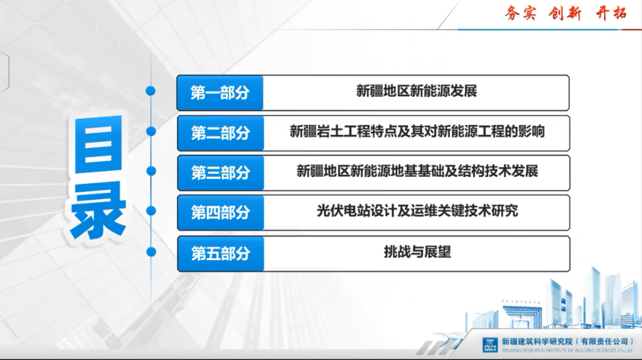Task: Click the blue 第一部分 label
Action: [220, 93]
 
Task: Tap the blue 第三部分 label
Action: [220, 173]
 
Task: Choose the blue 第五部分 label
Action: [220, 254]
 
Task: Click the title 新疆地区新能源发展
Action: [417, 91]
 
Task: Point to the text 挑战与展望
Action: [417, 252]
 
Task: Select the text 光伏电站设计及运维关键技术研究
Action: [417, 211]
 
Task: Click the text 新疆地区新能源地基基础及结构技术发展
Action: [417, 171]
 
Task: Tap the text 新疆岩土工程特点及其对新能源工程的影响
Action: [417, 131]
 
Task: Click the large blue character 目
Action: [98, 146]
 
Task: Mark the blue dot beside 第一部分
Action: [151, 91]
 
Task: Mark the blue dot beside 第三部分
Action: [151, 171]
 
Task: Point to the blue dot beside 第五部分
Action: [151, 252]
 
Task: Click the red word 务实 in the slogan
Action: [521, 13]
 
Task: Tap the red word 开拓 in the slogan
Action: [611, 13]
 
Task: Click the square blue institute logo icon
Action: [489, 345]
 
